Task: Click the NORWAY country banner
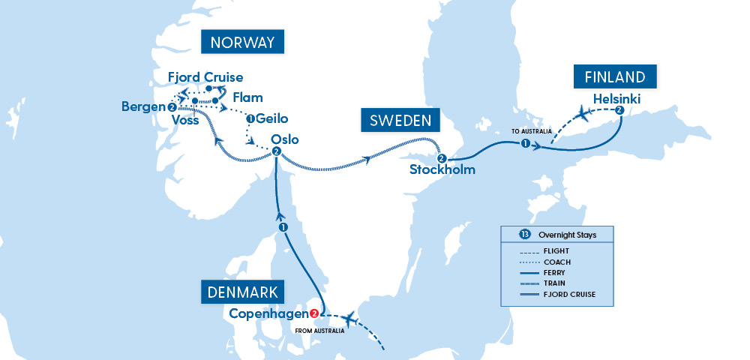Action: pos(242,42)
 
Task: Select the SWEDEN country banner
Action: pos(398,121)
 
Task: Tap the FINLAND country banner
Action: pos(615,77)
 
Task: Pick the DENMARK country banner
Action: pos(241,292)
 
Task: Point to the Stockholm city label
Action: pos(442,170)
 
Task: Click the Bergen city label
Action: pos(142,107)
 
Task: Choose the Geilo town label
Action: pos(271,118)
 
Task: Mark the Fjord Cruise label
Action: pos(205,77)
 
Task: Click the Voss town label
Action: pos(185,119)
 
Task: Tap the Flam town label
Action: pos(247,97)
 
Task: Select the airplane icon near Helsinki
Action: pos(583,114)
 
